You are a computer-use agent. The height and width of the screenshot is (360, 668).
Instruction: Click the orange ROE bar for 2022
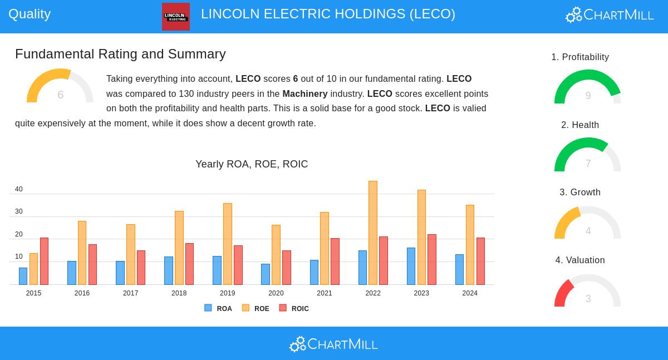(x=373, y=233)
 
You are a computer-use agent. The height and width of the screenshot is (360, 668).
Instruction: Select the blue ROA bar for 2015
(x=23, y=276)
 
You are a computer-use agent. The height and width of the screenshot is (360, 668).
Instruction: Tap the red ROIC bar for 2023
(x=432, y=259)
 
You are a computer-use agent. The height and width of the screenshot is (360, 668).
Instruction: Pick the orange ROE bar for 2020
(x=276, y=255)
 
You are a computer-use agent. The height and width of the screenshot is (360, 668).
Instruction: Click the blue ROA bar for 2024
(x=459, y=269)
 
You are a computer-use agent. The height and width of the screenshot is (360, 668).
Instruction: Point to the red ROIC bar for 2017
(x=141, y=268)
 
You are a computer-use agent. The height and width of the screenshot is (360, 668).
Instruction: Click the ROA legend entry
(x=218, y=308)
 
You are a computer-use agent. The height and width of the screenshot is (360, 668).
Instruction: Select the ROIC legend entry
(x=294, y=308)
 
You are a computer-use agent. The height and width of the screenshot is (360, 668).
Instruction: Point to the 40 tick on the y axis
(x=19, y=189)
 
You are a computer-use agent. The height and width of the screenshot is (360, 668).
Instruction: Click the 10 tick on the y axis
(x=19, y=257)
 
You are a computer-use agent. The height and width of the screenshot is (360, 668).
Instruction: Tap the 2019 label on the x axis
(x=227, y=293)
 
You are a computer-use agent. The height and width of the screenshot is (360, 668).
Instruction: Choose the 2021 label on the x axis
(x=325, y=293)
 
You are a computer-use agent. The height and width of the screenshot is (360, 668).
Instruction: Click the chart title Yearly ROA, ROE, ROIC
(x=252, y=164)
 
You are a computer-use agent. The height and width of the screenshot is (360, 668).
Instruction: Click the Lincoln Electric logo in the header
(x=176, y=17)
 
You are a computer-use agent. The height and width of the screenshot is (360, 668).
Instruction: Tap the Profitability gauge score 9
(x=588, y=96)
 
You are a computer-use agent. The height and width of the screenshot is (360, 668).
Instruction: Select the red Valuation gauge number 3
(x=588, y=299)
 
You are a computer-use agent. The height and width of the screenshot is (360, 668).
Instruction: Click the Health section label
(x=580, y=125)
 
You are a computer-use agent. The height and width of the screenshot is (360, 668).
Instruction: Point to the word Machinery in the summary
(x=304, y=93)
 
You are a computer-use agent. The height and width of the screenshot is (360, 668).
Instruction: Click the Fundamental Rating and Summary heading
(x=120, y=54)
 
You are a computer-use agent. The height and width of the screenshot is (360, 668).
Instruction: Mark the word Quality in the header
(x=30, y=14)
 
